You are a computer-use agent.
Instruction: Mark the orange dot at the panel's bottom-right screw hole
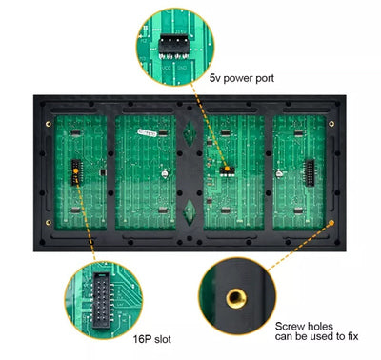coord(331,222)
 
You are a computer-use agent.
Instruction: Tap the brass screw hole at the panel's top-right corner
coord(331,123)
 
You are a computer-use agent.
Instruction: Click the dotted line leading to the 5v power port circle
coord(205,124)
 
